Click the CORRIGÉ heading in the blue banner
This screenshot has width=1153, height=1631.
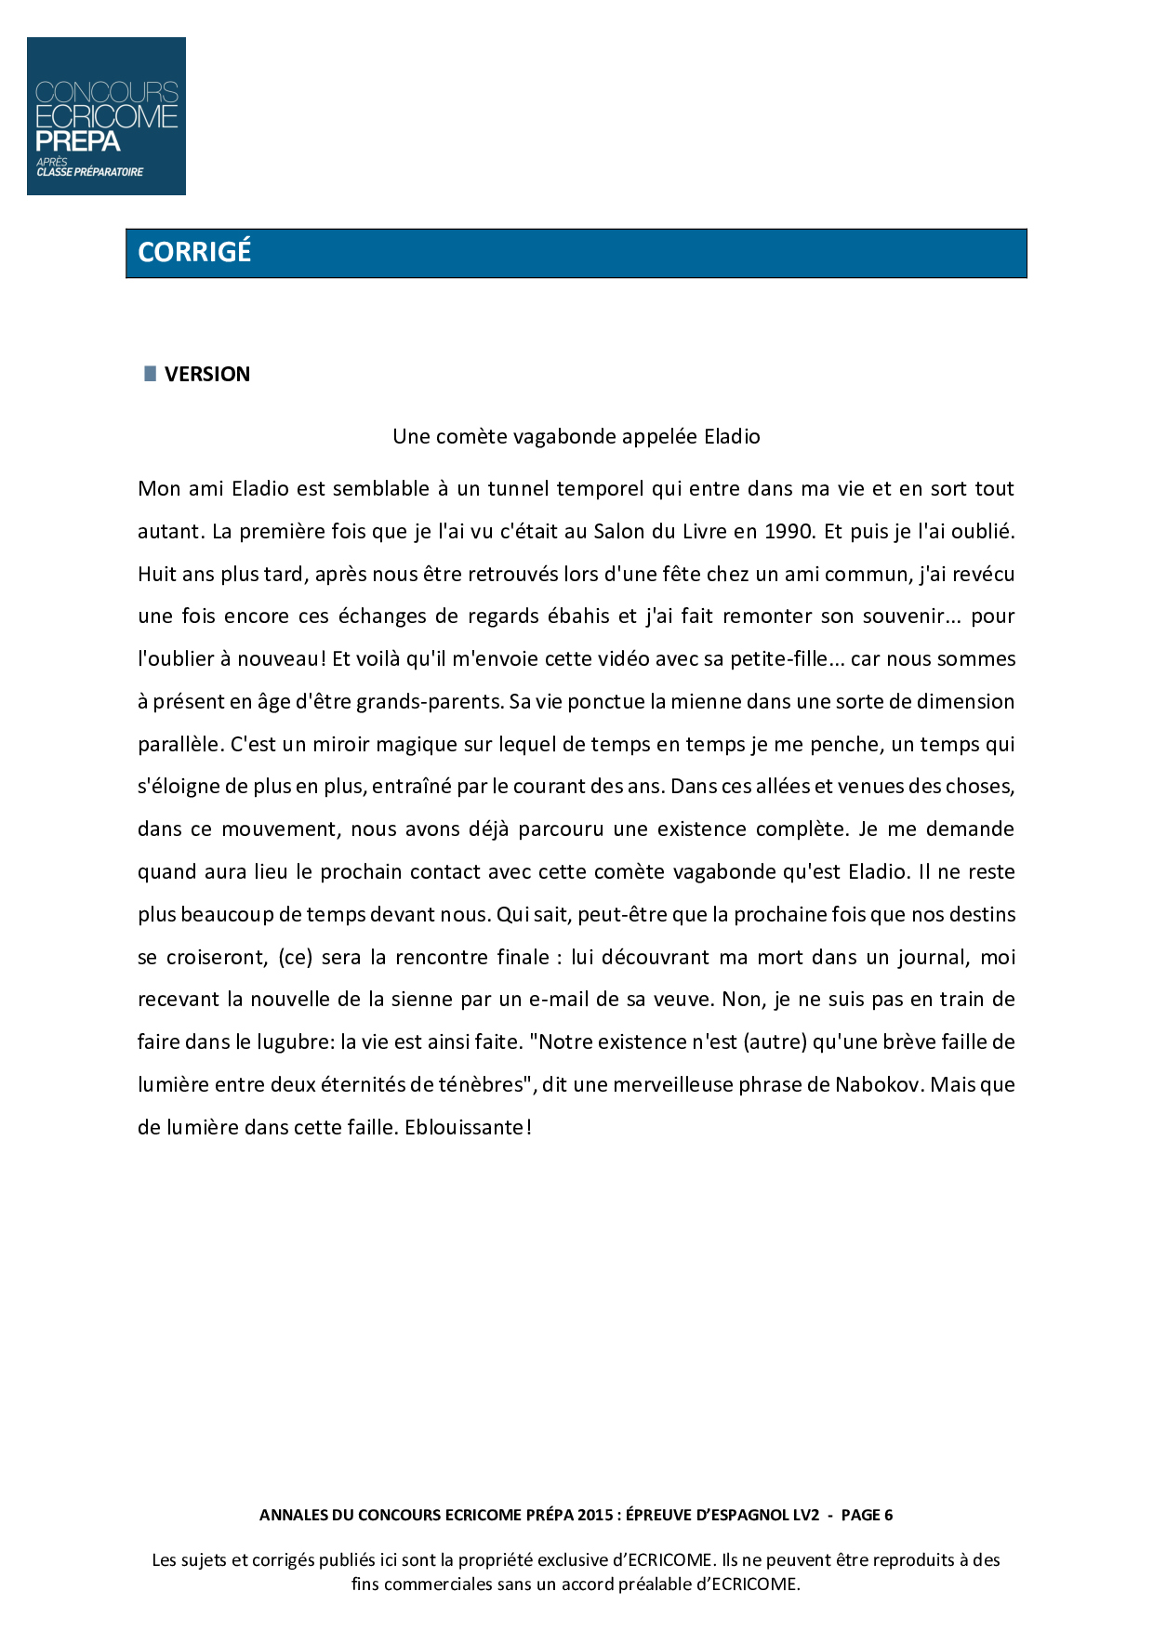pos(194,252)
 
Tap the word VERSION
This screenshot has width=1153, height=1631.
pos(207,374)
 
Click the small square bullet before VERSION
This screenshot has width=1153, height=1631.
pos(151,373)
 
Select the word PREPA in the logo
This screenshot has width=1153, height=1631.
pos(78,141)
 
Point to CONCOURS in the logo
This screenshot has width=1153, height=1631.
pos(106,93)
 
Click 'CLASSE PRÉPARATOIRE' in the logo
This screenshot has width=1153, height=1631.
pos(90,172)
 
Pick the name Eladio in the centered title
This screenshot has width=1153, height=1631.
pos(732,436)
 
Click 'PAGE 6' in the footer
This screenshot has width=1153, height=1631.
pos(867,1515)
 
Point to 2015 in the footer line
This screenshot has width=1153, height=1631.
pos(595,1515)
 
